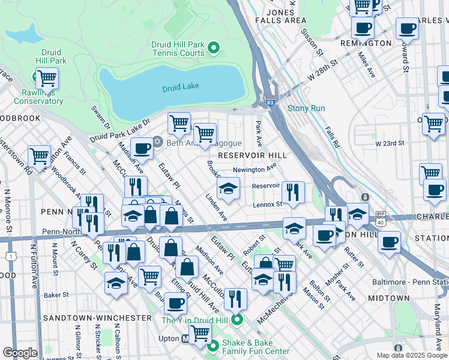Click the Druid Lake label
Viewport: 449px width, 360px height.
[180, 88]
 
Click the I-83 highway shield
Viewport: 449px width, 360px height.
[270, 103]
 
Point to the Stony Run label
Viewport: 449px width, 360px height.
[306, 109]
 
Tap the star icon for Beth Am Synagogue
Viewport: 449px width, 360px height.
[158, 142]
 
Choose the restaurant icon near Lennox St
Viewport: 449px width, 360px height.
[292, 192]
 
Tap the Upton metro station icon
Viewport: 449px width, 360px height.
[185, 339]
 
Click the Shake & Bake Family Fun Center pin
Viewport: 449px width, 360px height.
[213, 346]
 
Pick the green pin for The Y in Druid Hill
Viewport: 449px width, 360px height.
[238, 320]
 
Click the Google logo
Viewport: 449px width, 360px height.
[20, 352]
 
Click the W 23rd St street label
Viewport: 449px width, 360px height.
[390, 143]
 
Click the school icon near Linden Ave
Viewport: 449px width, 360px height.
[228, 188]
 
